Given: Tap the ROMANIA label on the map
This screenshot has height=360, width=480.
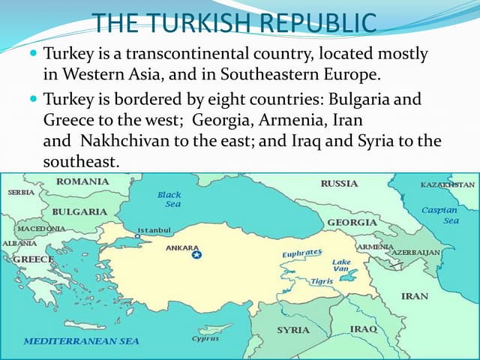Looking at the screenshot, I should [x=82, y=181].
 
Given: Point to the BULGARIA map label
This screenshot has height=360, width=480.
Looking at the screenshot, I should [x=79, y=211].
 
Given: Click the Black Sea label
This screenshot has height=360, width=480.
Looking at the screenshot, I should [x=169, y=199].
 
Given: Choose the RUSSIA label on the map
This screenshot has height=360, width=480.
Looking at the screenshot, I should [x=339, y=184].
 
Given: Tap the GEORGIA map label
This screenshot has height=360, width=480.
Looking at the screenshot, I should [x=352, y=223].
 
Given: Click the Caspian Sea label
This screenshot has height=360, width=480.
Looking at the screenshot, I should [x=440, y=215].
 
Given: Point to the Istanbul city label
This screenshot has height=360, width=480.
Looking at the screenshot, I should [x=154, y=229].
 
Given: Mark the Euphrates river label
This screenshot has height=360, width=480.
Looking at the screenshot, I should [x=302, y=253].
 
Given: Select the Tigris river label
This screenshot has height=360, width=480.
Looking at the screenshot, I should [x=322, y=281].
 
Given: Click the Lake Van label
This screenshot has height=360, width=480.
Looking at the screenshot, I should [x=341, y=265].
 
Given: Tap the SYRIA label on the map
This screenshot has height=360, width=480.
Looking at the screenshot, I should [x=293, y=330].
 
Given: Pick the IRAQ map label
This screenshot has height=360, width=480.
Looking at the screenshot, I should [x=364, y=329].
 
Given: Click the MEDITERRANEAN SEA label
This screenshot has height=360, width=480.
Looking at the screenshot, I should [x=81, y=341].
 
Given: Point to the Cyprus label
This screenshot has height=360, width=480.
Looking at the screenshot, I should [x=205, y=338].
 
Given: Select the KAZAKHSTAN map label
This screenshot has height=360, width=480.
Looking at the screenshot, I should [x=447, y=184].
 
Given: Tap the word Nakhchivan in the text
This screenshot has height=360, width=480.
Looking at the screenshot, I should [x=123, y=141].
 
